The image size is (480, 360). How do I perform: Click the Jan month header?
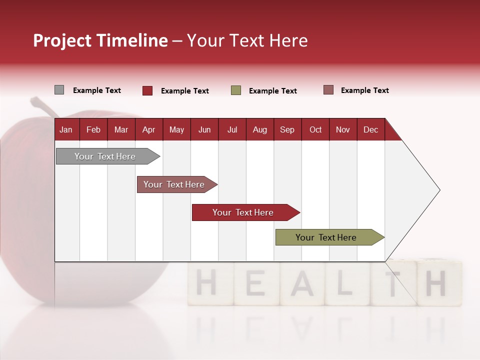pos(66,129)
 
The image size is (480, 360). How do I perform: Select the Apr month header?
pos(149,129)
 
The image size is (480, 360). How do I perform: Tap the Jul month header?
pos(232,129)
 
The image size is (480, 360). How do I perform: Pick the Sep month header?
pos(287,129)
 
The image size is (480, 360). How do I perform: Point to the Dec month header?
pos(370,129)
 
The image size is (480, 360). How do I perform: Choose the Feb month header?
pos(93,129)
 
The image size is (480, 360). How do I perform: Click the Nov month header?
pos(343,129)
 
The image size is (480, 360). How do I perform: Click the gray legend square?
pos(59,90)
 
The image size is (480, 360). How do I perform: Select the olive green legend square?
pos(236,90)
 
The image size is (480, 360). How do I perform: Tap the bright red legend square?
pos(147,90)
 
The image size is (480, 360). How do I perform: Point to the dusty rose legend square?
pos(328,90)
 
